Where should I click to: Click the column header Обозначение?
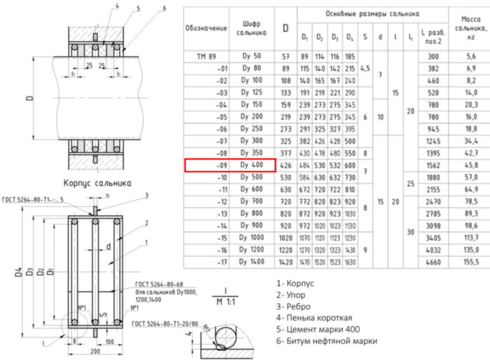(x=206, y=28)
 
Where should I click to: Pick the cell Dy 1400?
(x=251, y=262)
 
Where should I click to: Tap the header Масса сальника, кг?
(x=470, y=28)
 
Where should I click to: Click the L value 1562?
(x=434, y=165)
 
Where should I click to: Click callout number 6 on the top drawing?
(x=163, y=8)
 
